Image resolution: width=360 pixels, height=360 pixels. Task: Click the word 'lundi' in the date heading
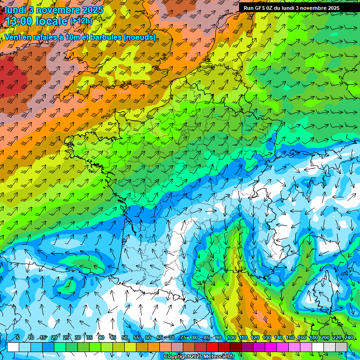[15, 10]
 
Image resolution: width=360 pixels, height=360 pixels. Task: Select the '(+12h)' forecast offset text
[81, 21]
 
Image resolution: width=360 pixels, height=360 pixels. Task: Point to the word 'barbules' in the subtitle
[109, 37]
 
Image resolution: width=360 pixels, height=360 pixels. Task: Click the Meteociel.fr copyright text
[199, 357]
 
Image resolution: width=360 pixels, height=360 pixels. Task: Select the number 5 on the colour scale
[18, 338]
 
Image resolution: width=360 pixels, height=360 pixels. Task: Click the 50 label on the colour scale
[125, 338]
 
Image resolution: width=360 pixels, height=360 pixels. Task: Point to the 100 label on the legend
[231, 338]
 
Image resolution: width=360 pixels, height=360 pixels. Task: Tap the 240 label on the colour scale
[348, 338]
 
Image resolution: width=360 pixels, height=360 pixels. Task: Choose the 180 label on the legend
[313, 338]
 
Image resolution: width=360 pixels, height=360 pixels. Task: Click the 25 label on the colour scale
[66, 338]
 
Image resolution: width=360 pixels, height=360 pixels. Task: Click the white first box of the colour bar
[13, 347]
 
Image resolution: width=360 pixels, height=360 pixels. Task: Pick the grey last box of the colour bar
[341, 347]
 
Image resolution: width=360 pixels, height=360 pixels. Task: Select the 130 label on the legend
[266, 338]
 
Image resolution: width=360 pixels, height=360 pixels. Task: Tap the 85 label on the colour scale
[207, 338]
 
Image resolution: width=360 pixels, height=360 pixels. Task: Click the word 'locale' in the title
[53, 21]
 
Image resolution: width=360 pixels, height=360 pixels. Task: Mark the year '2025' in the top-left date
[93, 10]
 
